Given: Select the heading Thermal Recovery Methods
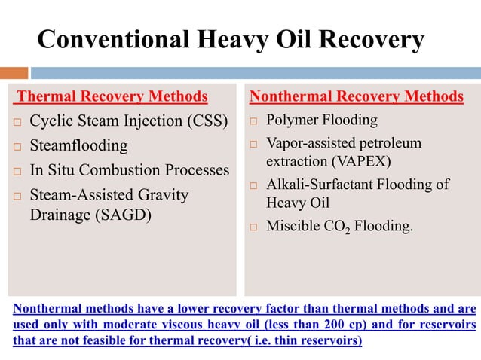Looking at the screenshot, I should pos(112,96).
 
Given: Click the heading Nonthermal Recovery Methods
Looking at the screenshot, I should pos(356,96).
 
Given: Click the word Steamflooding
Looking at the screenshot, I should pos(78,145).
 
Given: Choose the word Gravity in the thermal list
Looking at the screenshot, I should pos(164,195).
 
